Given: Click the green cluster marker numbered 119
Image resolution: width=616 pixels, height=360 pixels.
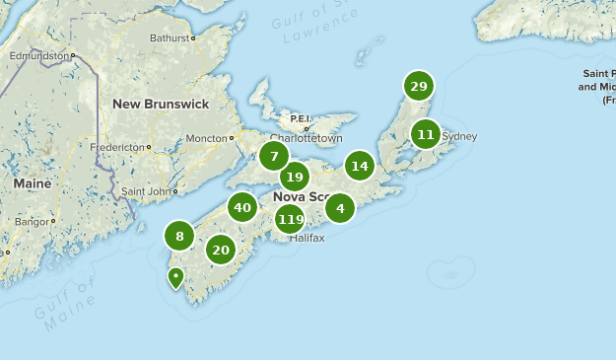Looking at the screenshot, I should pos(291,219).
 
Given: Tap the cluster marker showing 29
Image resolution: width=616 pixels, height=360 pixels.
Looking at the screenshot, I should pos(419,87).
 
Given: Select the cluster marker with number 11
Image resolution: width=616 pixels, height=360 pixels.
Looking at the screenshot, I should pos(426,133).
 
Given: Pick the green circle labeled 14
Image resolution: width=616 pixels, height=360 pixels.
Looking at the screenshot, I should pos(360,166).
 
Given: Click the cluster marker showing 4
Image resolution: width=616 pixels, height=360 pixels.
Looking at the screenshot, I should pos(340,207).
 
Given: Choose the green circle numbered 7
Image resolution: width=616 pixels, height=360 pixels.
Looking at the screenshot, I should pos(274,155).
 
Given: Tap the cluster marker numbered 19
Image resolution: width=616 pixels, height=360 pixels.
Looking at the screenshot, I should pos(295,178).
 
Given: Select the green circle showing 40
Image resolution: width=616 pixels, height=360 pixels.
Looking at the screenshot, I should pos(241,207).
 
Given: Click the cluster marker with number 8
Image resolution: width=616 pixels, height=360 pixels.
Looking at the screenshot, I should pos(179,236).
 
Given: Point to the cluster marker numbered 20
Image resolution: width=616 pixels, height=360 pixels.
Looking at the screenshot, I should pos(221,250).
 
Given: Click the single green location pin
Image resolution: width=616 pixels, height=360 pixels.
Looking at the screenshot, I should pos(175,276).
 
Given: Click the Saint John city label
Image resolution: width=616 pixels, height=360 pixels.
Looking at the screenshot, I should pos(145,190).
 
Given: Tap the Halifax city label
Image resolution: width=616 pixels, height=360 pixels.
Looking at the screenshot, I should pos(308,238).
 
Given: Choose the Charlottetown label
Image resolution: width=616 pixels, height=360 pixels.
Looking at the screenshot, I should pos(306,139).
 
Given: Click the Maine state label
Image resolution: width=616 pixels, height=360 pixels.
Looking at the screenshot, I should pos(32,183).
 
